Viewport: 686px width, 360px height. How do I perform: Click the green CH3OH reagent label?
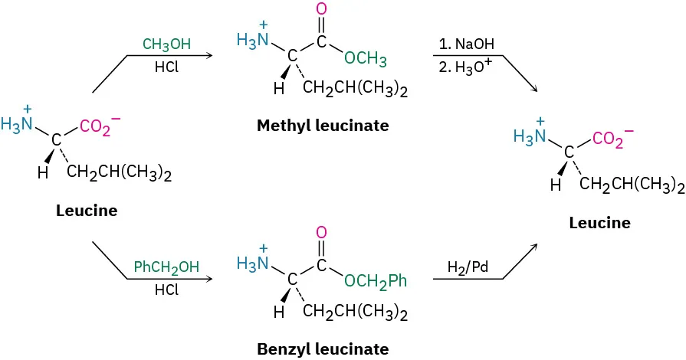point(166,44)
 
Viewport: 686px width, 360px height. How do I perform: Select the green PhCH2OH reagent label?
point(166,267)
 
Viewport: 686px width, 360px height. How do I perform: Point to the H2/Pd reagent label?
point(467,267)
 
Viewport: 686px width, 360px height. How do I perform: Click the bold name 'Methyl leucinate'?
point(323,125)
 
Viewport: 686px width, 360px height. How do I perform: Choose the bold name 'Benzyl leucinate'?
point(323,349)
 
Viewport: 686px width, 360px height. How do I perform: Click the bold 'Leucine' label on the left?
point(87,210)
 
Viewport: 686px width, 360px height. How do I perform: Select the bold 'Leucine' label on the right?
point(599,223)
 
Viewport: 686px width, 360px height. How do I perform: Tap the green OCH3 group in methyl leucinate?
point(366,59)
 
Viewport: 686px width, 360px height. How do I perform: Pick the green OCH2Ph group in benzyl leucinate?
point(376,282)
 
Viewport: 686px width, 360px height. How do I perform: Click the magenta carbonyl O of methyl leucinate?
point(320,9)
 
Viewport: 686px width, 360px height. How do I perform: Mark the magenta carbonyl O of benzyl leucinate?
point(320,232)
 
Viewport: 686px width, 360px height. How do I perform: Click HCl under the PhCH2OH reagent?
point(166,290)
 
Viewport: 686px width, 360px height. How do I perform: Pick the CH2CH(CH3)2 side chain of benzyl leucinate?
point(354,313)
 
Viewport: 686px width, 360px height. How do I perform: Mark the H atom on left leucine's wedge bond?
point(43,174)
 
